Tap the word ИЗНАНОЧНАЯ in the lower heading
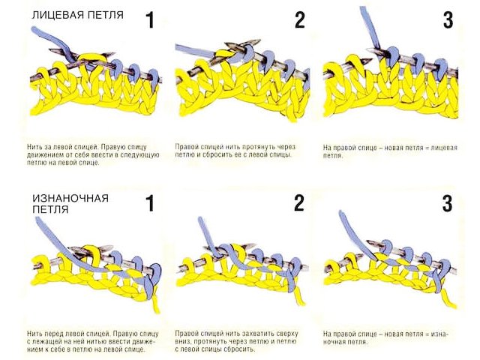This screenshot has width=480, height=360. [70, 198]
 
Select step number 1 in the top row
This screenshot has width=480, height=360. [150, 19]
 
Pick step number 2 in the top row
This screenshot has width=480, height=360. [299, 19]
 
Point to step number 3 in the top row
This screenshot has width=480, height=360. [448, 19]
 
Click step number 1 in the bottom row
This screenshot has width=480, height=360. [150, 203]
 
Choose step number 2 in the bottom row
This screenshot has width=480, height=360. [299, 203]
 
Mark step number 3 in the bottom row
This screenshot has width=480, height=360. [448, 203]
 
